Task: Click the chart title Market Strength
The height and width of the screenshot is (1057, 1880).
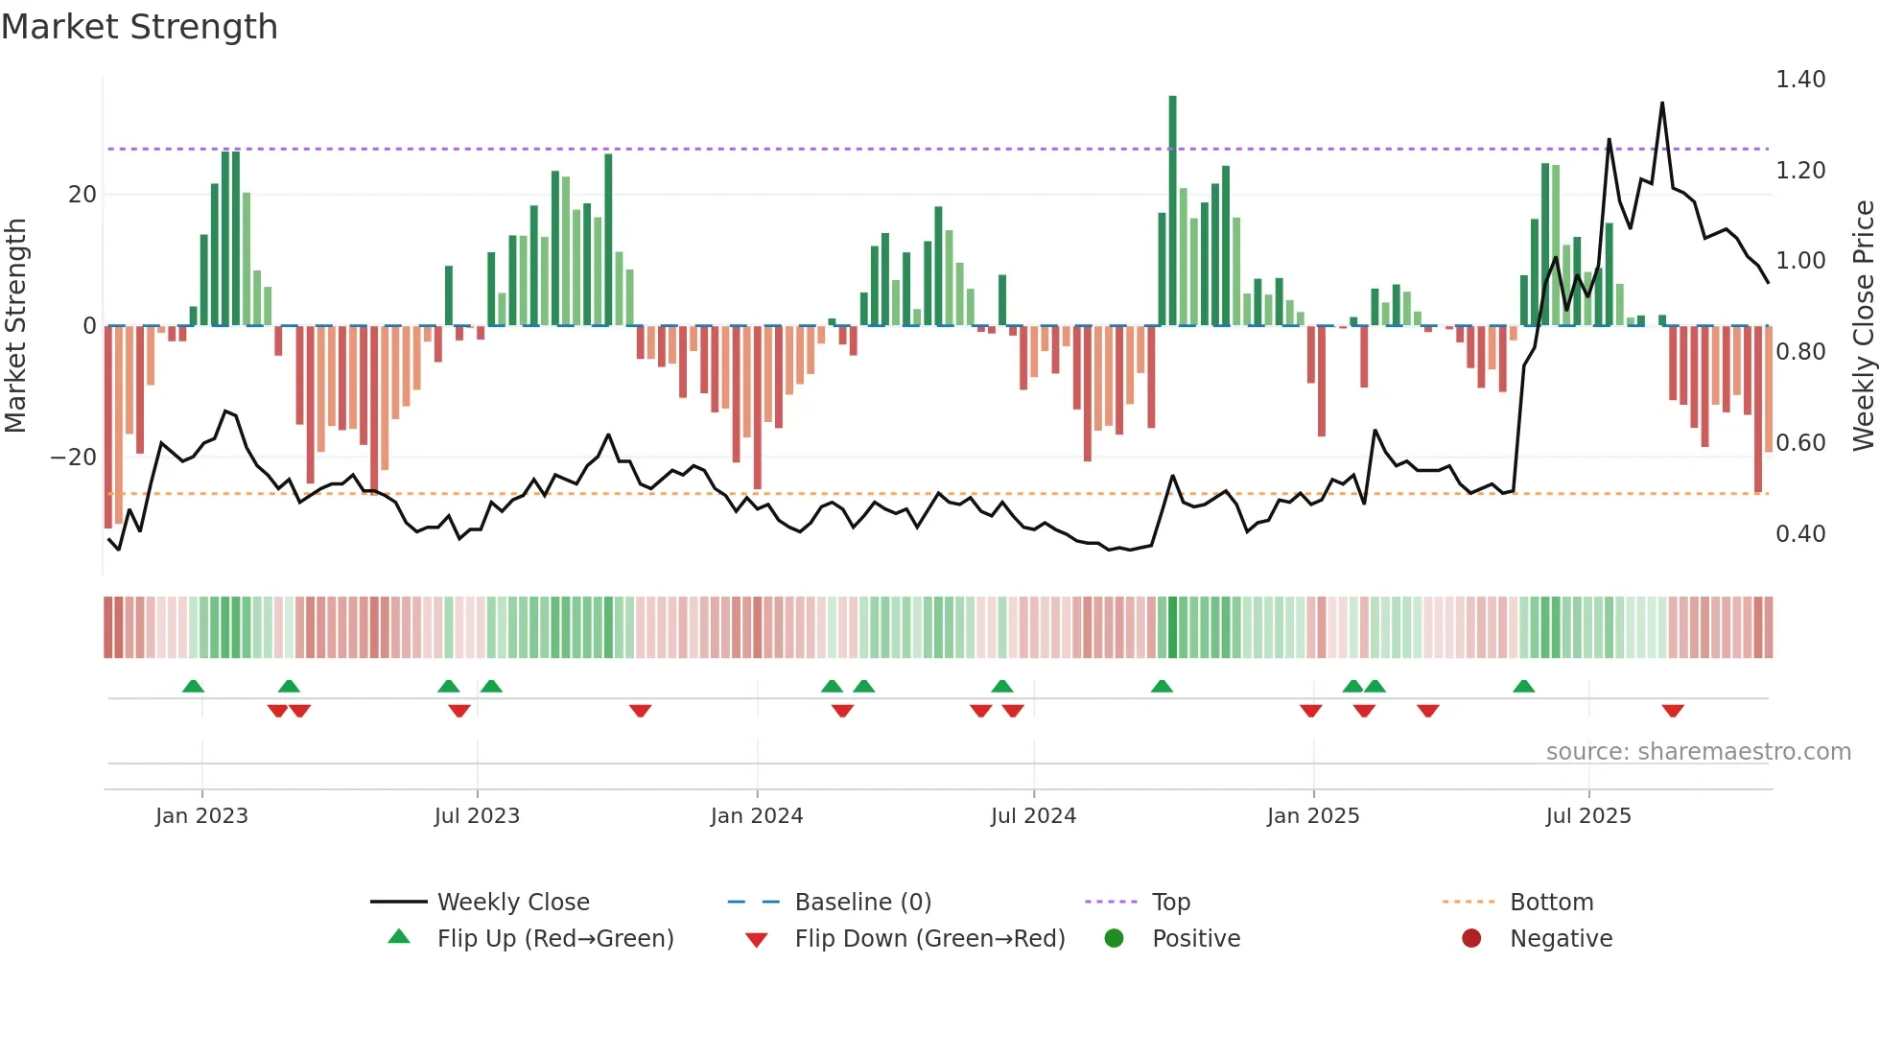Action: (x=140, y=27)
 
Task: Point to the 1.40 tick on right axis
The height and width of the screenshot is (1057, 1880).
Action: (x=1799, y=80)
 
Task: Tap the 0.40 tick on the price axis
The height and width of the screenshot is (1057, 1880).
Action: (x=1799, y=534)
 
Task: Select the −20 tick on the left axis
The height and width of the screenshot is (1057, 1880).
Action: (x=74, y=458)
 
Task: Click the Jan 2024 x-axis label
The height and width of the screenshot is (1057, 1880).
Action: (x=757, y=816)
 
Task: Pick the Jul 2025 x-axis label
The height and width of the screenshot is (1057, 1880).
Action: (x=1588, y=816)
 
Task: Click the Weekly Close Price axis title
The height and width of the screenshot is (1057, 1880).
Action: (x=1863, y=326)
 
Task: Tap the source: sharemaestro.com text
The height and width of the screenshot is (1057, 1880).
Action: (x=1698, y=752)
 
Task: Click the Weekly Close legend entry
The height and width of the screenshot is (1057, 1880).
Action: (x=513, y=903)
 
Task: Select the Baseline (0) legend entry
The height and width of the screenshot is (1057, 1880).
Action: (x=862, y=903)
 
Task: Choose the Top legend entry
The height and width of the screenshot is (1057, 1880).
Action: (x=1170, y=903)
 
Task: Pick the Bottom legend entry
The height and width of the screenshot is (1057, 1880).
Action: (x=1551, y=903)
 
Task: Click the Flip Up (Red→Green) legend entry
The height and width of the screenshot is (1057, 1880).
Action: (x=555, y=939)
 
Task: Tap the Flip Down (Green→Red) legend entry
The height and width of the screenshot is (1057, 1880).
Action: (x=929, y=939)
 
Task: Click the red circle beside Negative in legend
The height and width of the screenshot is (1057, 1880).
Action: (x=1471, y=939)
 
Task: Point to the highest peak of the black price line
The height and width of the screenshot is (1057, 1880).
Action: (x=1662, y=104)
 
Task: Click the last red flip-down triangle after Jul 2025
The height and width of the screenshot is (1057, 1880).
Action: (x=1673, y=711)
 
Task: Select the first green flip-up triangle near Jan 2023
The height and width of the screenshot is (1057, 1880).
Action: (x=193, y=687)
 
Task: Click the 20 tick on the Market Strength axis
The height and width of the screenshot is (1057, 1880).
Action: (x=82, y=195)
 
